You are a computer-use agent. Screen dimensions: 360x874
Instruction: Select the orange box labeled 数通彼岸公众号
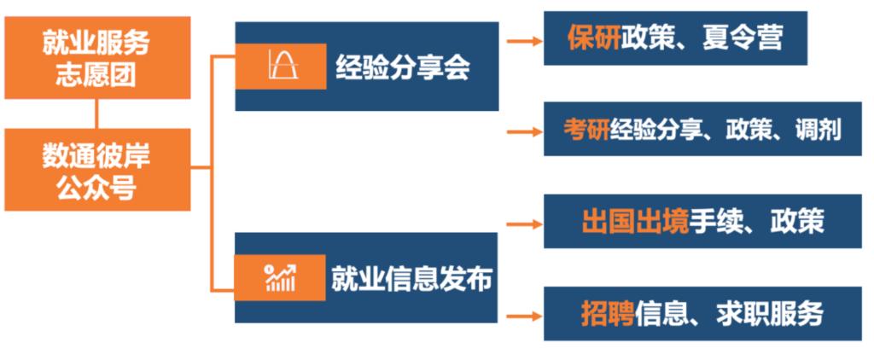pyautogui.click(x=96, y=170)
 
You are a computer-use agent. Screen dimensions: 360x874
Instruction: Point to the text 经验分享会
pyautogui.click(x=402, y=67)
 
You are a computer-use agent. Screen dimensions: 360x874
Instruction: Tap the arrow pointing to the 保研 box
pyautogui.click(x=524, y=39)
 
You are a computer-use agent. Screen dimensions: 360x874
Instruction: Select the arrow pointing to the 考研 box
pyautogui.click(x=524, y=131)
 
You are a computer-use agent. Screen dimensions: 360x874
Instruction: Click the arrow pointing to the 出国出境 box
pyautogui.click(x=524, y=224)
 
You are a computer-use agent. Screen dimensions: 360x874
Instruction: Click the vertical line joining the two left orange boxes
pyautogui.click(x=96, y=113)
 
